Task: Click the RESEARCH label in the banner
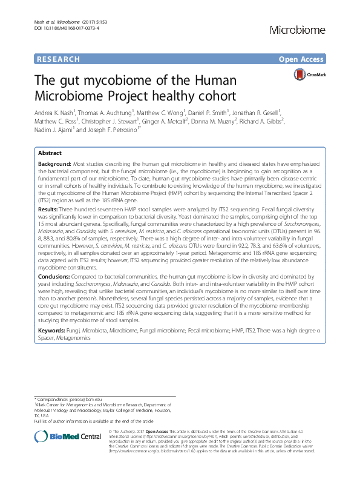[58, 60]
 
